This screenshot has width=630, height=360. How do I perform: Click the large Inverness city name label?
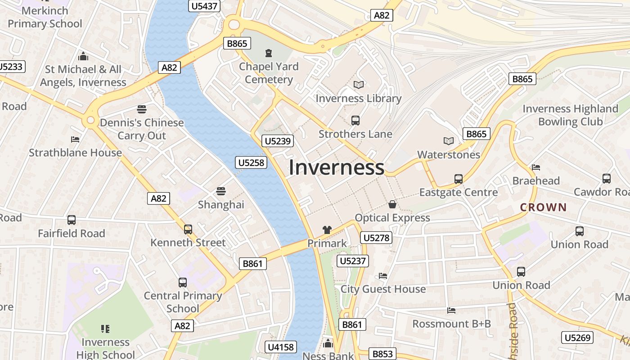point(337,167)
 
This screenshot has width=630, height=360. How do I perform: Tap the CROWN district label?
point(543,207)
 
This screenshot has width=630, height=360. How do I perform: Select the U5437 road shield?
point(204,6)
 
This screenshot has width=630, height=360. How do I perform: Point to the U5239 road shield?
point(278,141)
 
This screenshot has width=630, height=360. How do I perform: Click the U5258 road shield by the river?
point(251,162)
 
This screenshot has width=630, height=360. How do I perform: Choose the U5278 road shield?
point(376,238)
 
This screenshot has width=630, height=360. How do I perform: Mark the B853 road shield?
point(382,354)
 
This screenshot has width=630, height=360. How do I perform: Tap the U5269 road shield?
point(578,337)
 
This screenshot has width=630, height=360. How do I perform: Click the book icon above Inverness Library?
point(359,85)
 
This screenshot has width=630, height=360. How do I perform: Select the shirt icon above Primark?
point(327,230)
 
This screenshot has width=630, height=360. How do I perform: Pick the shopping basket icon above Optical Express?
point(392,204)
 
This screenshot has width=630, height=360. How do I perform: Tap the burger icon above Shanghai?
point(220,191)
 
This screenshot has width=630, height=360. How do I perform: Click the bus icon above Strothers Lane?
point(355,120)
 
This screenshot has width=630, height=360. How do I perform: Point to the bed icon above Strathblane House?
point(75,139)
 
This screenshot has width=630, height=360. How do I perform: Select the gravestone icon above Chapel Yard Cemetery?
point(269,53)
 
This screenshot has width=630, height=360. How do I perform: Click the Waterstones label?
point(449,155)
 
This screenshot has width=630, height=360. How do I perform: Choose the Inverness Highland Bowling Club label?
point(570,115)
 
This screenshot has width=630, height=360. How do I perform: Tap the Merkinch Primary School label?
point(45,17)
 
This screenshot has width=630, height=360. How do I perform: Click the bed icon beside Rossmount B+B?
point(451,310)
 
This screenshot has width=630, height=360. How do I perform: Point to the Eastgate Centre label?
point(459,193)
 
